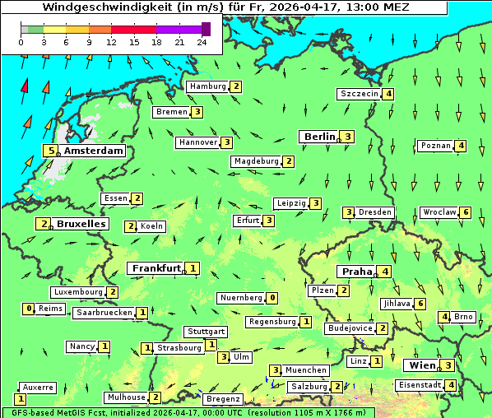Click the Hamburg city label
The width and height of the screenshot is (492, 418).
click(x=207, y=86)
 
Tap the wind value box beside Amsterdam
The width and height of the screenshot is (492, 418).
click(x=51, y=151)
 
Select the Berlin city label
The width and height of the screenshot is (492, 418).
click(x=318, y=137)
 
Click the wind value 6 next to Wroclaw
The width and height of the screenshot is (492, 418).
click(x=466, y=212)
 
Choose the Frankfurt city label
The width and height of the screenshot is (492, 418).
click(x=155, y=268)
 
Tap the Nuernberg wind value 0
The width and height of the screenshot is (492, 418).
click(x=272, y=298)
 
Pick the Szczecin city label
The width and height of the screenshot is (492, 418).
click(x=359, y=94)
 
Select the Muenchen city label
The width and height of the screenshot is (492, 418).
click(x=306, y=370)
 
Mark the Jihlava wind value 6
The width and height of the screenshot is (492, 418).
click(x=420, y=304)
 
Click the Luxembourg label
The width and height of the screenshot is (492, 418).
click(x=78, y=292)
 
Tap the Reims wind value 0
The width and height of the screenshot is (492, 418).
click(x=29, y=309)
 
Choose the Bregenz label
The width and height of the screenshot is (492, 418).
click(x=222, y=399)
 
